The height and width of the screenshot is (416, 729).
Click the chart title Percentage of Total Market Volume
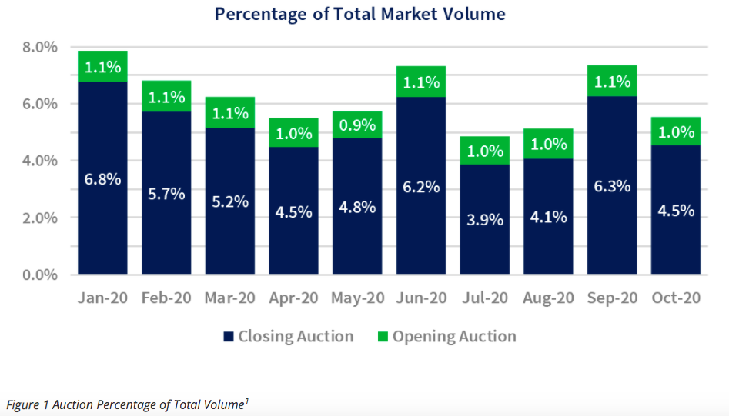[x=359, y=14]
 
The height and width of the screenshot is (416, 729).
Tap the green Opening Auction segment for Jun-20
[x=421, y=82]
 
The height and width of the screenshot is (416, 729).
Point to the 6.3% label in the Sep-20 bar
[x=612, y=186]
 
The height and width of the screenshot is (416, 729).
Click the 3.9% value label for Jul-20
[x=485, y=220]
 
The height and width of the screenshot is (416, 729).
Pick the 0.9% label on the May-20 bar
[x=357, y=125]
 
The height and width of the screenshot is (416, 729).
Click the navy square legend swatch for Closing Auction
[x=228, y=337]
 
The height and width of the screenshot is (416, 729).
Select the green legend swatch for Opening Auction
[x=383, y=337]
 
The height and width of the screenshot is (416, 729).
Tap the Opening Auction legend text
[x=454, y=337]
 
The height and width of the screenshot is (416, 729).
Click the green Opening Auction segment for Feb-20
[x=166, y=96]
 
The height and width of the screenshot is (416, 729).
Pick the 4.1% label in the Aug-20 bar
[x=548, y=218]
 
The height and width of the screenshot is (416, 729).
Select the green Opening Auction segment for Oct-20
[x=675, y=131]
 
